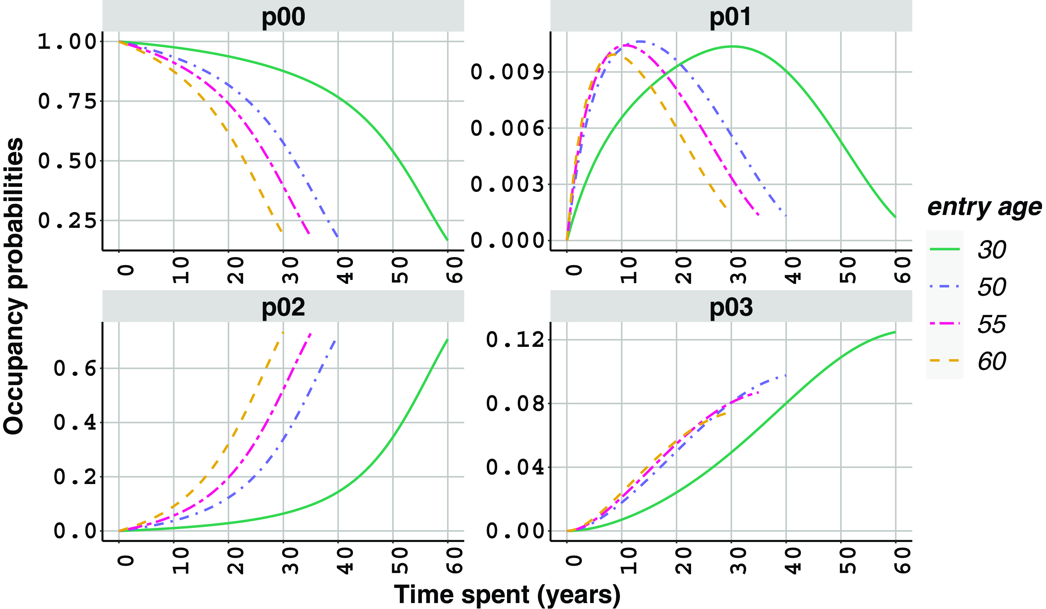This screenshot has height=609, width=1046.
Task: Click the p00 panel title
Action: coord(283,16)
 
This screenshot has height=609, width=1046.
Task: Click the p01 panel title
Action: coord(731,16)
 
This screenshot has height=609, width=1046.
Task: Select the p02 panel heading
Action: coord(283,307)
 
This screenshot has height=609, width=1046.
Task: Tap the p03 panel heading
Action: coord(731,307)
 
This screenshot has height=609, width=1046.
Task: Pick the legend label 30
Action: coord(992,250)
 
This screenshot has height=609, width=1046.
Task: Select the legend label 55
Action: coord(992,324)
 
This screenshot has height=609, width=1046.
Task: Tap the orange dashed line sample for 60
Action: coord(945,360)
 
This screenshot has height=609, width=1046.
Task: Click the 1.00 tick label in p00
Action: coord(67,42)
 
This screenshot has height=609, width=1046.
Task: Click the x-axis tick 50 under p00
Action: coord(399,270)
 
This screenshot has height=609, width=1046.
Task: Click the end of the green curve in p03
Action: coord(895,332)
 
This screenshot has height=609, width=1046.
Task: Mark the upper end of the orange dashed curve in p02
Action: coord(283,332)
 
